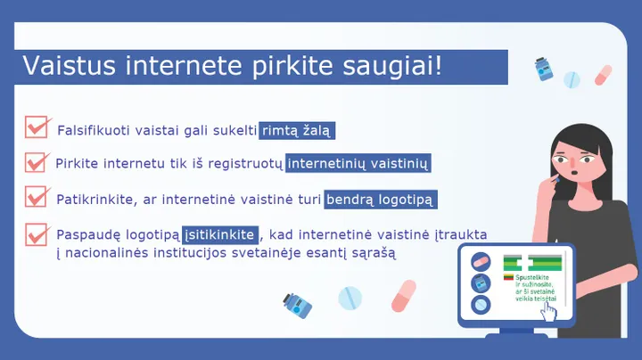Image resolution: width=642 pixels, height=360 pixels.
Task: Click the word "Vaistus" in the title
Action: coord(64,67)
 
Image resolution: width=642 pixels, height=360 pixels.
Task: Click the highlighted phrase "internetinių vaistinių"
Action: coord(359,164)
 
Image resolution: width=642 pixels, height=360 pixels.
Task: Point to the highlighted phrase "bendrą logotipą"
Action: coord(381,200)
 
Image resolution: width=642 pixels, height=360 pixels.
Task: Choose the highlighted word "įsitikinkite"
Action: coord(220,235)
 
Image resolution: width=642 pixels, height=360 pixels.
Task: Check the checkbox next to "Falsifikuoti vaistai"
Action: coord(37,127)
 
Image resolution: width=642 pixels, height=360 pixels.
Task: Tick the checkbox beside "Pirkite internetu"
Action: coord(37,161)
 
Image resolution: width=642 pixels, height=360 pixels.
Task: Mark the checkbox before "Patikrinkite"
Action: coord(37,196)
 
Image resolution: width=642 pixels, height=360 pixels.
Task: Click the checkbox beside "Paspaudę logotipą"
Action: coord(37,233)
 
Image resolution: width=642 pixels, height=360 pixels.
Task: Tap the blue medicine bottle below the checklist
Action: coord(296,306)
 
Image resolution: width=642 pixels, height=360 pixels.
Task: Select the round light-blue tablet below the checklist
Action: coord(350,298)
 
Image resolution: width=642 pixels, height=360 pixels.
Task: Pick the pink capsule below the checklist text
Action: coord(404,295)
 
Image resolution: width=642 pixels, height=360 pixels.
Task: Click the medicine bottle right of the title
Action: coord(540,69)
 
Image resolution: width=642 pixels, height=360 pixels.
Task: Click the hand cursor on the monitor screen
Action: coord(550,312)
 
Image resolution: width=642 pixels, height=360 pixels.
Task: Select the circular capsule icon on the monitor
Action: coord(481,262)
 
